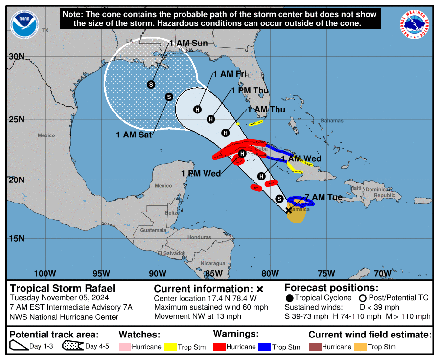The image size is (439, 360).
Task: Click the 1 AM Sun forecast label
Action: (189, 43)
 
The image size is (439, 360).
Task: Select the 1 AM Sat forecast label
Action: (134, 135)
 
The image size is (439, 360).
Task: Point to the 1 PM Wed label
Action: (201, 173)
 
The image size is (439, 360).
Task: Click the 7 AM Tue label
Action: (323, 197)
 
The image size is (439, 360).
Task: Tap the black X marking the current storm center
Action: (288, 210)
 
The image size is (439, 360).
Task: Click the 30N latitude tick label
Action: (17, 56)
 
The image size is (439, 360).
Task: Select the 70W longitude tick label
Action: (382, 273)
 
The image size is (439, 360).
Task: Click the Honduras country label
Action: (199, 237)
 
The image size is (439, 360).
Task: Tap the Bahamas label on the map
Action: (332, 121)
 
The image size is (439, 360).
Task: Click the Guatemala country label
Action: (153, 230)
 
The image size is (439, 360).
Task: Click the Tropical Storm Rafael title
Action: (63, 288)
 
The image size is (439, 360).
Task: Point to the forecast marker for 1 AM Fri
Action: (197, 109)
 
